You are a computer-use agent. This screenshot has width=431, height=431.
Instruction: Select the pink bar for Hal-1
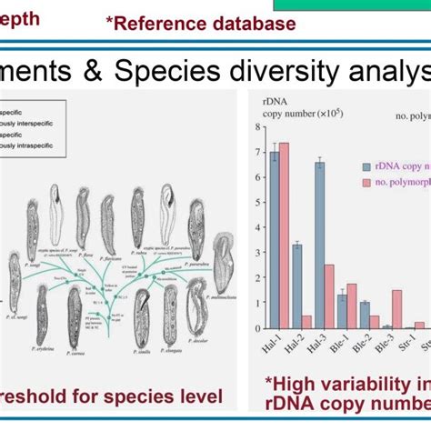[285, 236]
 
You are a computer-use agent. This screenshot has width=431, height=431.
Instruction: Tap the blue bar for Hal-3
[319, 245]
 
